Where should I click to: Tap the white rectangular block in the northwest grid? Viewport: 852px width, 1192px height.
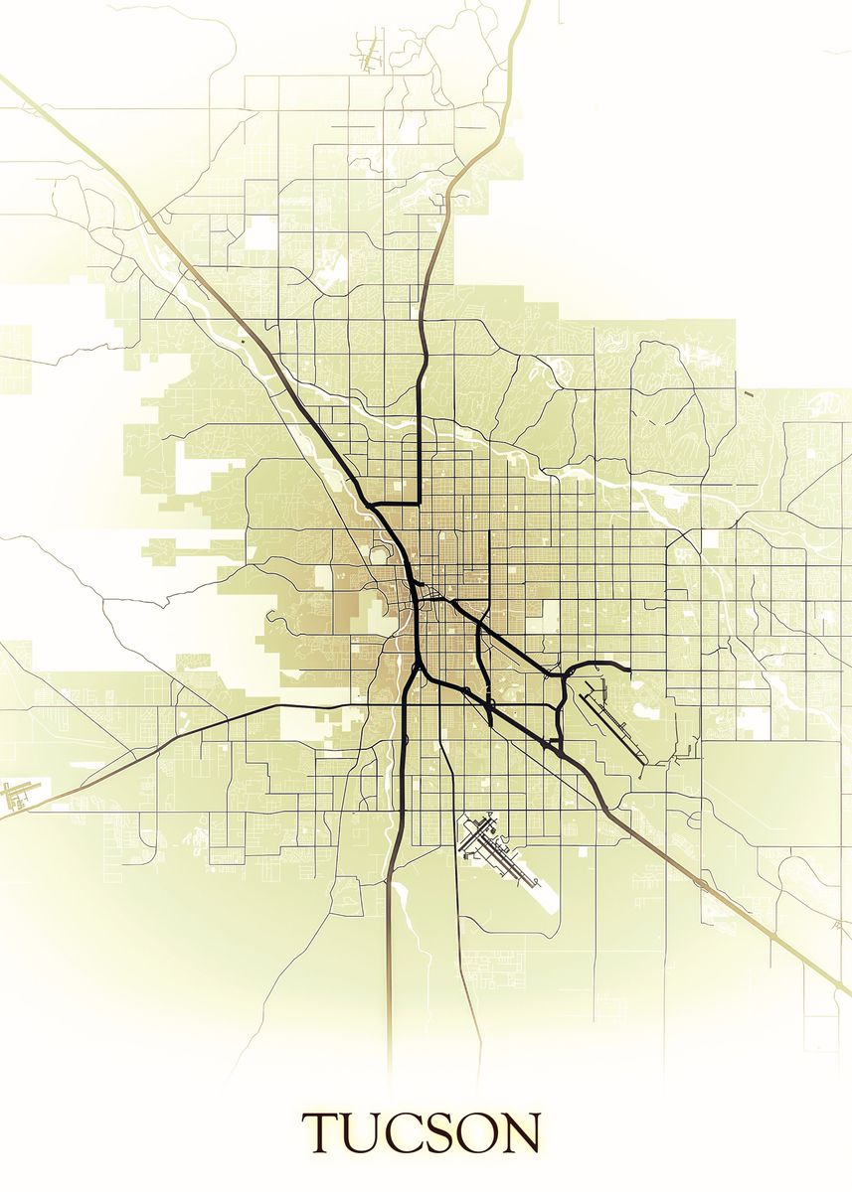click(261, 232)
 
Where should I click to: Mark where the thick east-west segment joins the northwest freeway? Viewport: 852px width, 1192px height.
click(370, 505)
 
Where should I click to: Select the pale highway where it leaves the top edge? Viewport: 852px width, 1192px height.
click(526, 4)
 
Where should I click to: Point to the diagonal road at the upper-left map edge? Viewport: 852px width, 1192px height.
click(6, 79)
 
